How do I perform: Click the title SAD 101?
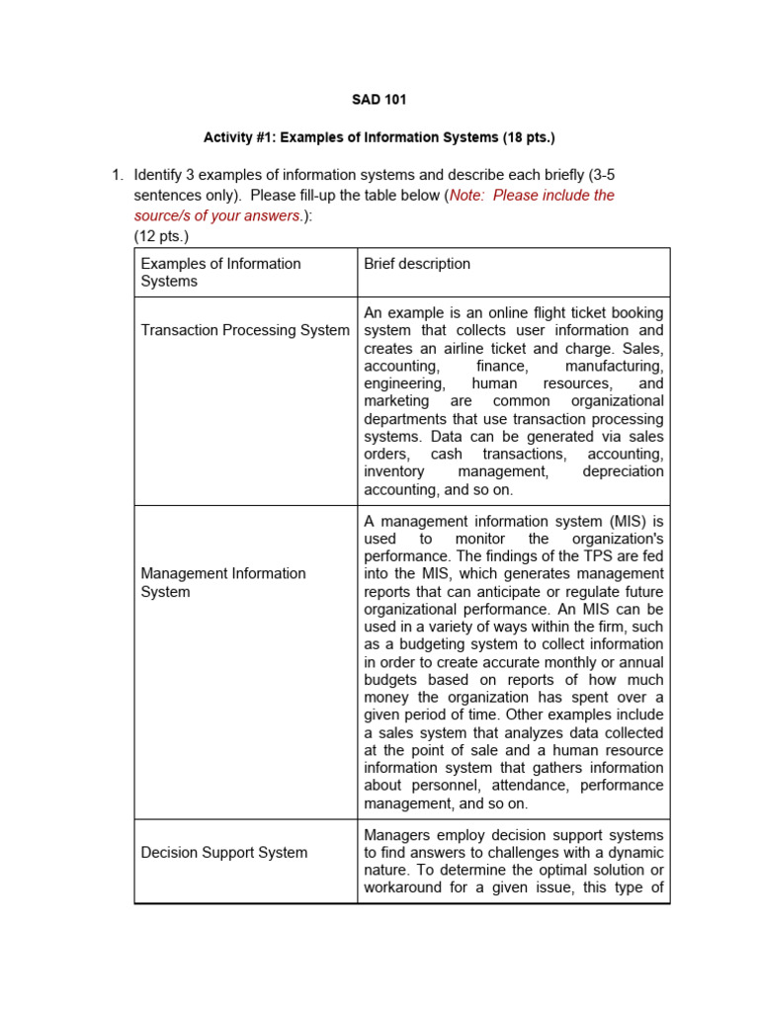[379, 100]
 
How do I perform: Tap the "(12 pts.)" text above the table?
[161, 236]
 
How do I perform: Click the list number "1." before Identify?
[117, 175]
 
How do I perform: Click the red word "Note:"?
[468, 195]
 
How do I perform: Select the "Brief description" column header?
[417, 264]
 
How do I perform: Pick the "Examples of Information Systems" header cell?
[220, 272]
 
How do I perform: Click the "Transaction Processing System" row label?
[244, 330]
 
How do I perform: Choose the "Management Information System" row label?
[223, 582]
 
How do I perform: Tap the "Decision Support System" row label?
[224, 852]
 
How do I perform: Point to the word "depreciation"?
[623, 471]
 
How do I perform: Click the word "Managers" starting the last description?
[395, 835]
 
